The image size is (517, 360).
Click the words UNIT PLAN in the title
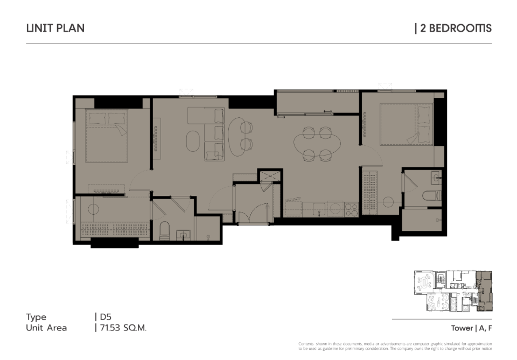tap(55, 28)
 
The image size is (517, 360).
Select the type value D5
tap(106, 317)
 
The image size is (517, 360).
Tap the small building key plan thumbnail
tap(453, 291)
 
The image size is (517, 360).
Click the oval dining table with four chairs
tap(317, 144)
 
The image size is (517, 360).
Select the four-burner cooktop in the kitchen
tap(352, 209)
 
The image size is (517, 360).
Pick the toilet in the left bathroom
tap(164, 230)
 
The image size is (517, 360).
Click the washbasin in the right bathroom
tap(436, 178)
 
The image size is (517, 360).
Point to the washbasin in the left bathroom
tap(183, 235)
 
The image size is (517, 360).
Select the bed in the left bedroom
tap(107, 136)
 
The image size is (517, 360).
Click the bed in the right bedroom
tap(406, 124)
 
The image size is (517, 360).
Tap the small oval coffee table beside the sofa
tap(193, 142)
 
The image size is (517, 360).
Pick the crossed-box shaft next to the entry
tap(270, 175)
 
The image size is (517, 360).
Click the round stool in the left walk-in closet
tap(93, 209)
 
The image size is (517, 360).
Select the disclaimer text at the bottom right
tap(395, 346)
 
